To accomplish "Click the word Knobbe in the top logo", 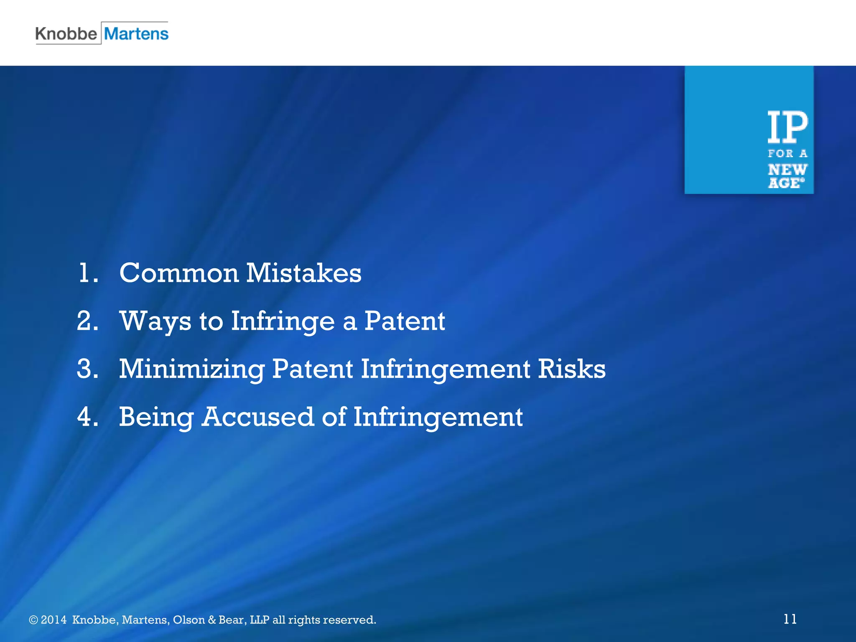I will [x=66, y=33].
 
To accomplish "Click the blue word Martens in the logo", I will [x=136, y=33].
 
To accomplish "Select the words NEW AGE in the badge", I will [x=787, y=176].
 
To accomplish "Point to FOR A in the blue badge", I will [x=787, y=153].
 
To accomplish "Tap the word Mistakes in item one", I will [x=303, y=273].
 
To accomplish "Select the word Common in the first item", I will [x=179, y=273].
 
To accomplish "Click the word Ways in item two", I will [x=155, y=321].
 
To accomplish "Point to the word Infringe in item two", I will [x=283, y=321].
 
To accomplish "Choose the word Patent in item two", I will [x=404, y=321].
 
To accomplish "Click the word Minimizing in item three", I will [x=191, y=369].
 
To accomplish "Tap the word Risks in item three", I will [x=571, y=369].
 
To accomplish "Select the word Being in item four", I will [x=156, y=417].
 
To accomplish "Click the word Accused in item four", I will [x=257, y=417].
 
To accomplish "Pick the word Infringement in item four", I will [x=438, y=417].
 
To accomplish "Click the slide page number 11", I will [x=790, y=619].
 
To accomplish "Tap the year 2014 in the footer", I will [x=53, y=620].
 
